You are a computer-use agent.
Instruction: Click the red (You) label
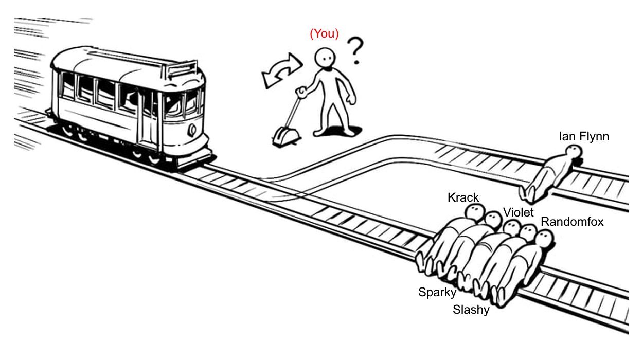[324, 34]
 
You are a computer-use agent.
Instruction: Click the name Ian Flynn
[583, 136]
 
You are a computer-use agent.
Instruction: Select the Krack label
[463, 197]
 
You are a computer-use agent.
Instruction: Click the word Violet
[518, 212]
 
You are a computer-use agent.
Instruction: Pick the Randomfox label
[572, 222]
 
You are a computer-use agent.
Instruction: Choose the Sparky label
[437, 293]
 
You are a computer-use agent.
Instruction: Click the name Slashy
[471, 310]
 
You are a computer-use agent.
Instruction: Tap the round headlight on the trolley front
[192, 130]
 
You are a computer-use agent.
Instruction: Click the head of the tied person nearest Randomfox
[544, 238]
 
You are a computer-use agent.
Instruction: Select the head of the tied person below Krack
[475, 211]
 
